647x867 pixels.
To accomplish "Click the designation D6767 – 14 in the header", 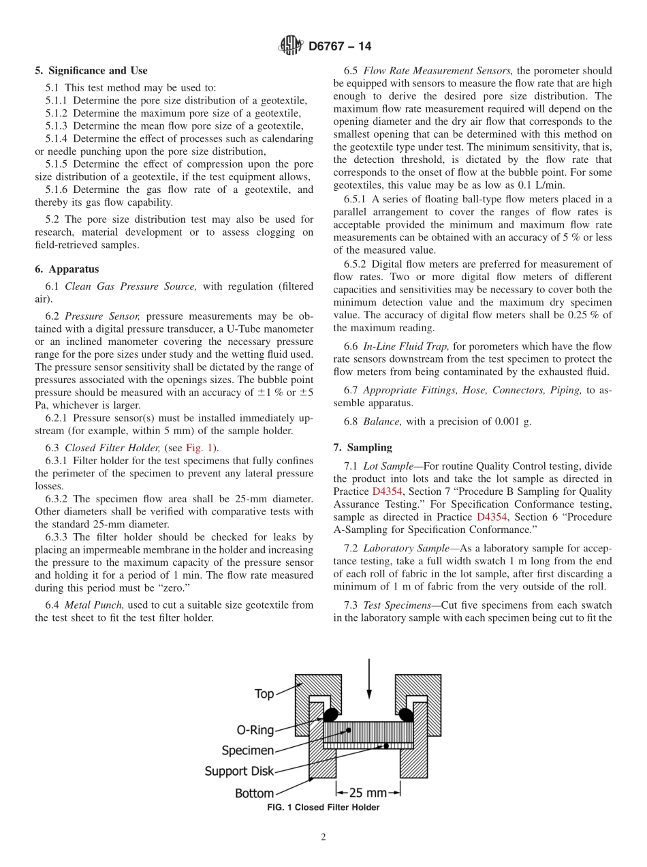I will (340, 46).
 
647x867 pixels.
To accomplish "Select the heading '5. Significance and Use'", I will (91, 71).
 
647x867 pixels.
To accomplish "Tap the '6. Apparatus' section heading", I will (67, 269).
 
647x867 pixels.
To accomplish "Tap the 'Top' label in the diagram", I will (264, 694).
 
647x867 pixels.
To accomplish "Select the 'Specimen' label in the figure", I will (248, 750).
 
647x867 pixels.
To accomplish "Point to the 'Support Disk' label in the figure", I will (239, 772).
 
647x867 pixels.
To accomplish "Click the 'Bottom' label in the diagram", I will (254, 793).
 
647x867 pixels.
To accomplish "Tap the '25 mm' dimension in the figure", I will (368, 793).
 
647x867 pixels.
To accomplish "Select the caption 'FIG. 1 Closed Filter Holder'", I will (323, 808).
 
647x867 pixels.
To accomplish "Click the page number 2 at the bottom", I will (323, 838).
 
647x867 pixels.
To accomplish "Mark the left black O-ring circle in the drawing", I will (330, 714).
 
